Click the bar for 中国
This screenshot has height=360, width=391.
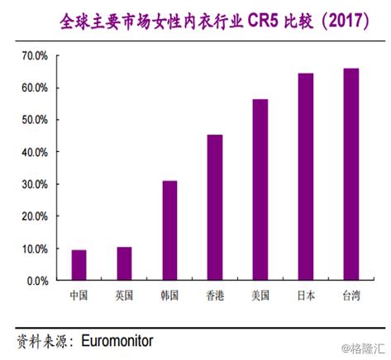79,265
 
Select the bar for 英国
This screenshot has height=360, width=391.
124,263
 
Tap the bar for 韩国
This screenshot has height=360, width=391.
169,230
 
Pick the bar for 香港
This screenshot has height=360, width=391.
215,207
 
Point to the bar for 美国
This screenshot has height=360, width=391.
260,190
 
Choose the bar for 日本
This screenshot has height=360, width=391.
306,177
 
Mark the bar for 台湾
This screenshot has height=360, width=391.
351,174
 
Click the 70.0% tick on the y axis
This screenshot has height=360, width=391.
35,55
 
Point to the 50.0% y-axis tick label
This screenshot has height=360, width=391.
35,120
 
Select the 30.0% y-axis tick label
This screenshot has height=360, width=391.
35,184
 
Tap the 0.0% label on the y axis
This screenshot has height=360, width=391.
37,281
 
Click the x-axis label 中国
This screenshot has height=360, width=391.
79,295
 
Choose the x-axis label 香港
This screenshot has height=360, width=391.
215,295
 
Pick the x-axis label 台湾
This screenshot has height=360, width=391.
351,295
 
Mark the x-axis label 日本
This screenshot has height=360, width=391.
306,295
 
